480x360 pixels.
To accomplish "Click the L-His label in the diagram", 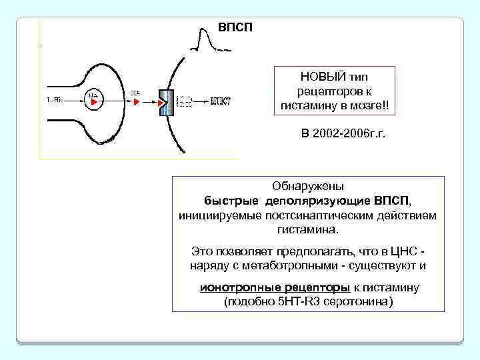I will pos(55,101).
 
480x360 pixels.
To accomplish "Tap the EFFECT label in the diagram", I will pos(220,102).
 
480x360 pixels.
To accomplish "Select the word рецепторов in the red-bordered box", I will pos(334,91).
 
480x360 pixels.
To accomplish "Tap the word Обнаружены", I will pos(307,187).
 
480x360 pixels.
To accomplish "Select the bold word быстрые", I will pos(232,201).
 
